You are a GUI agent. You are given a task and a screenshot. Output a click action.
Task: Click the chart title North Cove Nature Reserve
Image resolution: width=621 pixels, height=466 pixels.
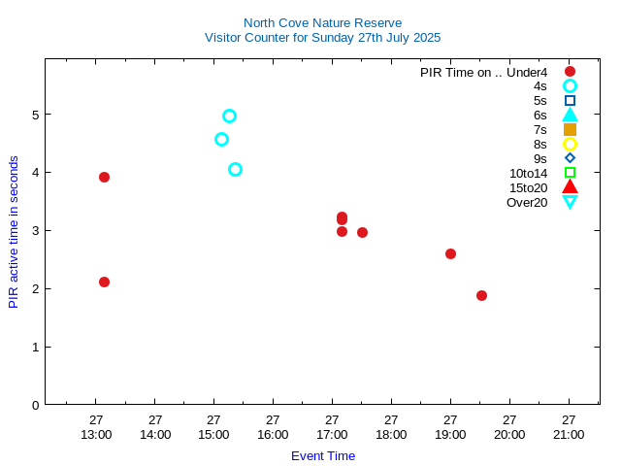pyautogui.click(x=322, y=22)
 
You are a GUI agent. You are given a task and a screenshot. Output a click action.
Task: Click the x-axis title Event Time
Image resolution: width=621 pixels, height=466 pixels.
pyautogui.click(x=323, y=455)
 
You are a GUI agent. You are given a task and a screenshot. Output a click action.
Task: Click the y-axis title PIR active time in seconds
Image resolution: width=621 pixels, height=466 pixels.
pyautogui.click(x=14, y=231)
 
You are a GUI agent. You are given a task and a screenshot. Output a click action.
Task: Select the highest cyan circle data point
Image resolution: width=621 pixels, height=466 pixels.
pyautogui.click(x=229, y=116)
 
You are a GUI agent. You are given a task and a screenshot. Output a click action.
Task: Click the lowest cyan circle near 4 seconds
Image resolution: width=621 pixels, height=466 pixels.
pyautogui.click(x=235, y=169)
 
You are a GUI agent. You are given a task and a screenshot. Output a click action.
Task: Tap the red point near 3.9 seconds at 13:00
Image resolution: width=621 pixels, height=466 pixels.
pyautogui.click(x=104, y=177)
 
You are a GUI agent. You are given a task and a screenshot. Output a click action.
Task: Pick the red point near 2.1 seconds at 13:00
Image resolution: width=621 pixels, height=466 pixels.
pyautogui.click(x=104, y=282)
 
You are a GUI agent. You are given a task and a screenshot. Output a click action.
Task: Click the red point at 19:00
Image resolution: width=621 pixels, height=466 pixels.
pyautogui.click(x=450, y=253)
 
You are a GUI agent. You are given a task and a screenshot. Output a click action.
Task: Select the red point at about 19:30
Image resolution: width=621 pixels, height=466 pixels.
pyautogui.click(x=481, y=295)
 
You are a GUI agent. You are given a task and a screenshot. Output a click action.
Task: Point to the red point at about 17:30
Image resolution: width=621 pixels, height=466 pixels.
pyautogui.click(x=362, y=232)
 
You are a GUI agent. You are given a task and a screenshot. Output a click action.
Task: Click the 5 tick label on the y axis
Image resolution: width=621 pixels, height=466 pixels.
pyautogui.click(x=34, y=115)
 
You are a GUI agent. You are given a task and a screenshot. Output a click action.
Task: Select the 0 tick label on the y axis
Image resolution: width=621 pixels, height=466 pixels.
pyautogui.click(x=34, y=405)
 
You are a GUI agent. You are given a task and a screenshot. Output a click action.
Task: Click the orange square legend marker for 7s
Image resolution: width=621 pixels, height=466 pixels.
pyautogui.click(x=570, y=129)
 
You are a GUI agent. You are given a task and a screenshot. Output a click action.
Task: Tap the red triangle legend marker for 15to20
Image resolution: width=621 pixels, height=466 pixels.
pyautogui.click(x=570, y=186)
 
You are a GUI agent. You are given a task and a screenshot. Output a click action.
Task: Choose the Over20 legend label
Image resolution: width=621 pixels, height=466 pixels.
pyautogui.click(x=527, y=202)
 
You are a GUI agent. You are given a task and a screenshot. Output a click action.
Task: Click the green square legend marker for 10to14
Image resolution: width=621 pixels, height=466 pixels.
pyautogui.click(x=570, y=173)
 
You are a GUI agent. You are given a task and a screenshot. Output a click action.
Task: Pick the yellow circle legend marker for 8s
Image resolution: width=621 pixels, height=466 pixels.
pyautogui.click(x=570, y=144)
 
